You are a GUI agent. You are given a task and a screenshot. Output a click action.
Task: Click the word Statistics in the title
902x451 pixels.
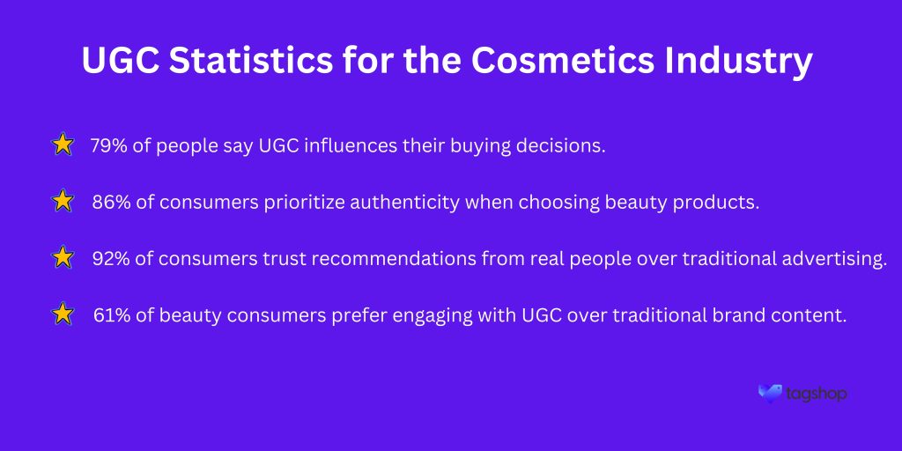pos(251,61)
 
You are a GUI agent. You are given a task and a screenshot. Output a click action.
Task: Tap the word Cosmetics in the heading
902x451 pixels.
pos(563,61)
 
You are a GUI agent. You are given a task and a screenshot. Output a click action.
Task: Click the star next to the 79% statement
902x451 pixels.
pos(63,145)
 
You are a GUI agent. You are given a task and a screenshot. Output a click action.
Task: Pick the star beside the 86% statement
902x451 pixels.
pos(63,202)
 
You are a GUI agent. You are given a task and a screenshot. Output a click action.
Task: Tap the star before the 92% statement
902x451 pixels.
pos(63,258)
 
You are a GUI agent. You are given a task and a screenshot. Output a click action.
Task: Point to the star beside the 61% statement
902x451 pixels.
pos(63,314)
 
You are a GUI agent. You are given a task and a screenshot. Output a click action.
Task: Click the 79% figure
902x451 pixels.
pos(108,146)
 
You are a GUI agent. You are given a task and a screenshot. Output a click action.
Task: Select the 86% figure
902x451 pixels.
pos(111,203)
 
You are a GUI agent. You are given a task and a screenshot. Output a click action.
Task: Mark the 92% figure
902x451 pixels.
pos(111,259)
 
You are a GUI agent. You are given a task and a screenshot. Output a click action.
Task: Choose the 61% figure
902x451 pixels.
pos(111,315)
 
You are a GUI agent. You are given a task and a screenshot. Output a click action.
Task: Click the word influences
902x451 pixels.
pos(351,146)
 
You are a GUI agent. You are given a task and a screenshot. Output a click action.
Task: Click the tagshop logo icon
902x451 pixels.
pos(770,393)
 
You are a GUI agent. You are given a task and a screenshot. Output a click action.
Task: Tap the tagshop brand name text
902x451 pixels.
pos(816,395)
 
